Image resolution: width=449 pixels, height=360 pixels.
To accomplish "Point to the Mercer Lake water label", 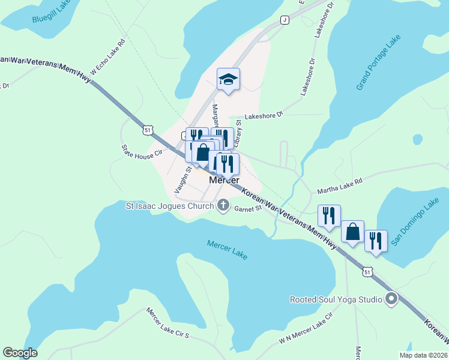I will [x=227, y=250].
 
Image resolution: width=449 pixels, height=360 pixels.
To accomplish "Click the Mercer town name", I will [x=224, y=180].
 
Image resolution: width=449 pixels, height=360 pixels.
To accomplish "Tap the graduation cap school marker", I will [x=228, y=79].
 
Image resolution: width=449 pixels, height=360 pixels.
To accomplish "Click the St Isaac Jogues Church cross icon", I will [x=223, y=206].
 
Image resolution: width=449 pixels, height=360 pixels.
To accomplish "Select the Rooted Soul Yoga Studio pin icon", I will [x=393, y=299].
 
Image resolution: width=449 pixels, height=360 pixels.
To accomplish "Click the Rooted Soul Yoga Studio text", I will [x=336, y=299].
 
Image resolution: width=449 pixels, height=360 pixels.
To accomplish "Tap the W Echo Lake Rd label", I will [x=107, y=56].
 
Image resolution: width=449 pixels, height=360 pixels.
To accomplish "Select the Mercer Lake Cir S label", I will [x=167, y=325].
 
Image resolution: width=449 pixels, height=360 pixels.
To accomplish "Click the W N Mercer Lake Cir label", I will [x=306, y=331].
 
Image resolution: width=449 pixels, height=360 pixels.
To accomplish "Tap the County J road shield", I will [x=285, y=20].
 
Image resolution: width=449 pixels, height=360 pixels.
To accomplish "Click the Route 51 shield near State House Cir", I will [x=149, y=129].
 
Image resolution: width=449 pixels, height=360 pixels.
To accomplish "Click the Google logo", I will [x=20, y=353].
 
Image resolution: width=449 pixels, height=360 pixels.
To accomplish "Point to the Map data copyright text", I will [x=423, y=355].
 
